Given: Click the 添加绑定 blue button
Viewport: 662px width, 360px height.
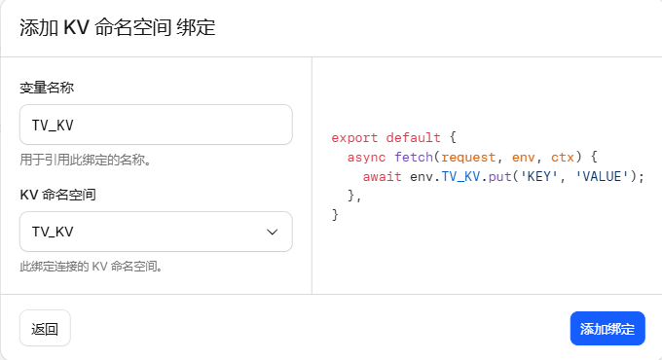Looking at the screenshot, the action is coord(607,328).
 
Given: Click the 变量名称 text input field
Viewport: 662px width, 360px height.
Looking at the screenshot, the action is coord(156,125).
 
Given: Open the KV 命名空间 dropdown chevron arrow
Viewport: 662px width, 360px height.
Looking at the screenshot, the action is coord(272,232).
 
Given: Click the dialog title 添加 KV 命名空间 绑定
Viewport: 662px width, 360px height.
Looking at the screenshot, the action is coord(118,28).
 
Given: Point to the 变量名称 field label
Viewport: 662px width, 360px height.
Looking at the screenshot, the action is coord(47,88).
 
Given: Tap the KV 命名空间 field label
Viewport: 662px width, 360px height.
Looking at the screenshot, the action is coord(57,195).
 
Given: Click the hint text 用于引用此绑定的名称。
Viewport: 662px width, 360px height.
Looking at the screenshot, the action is coord(86,160).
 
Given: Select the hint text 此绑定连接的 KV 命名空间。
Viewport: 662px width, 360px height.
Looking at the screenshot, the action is coord(92,267).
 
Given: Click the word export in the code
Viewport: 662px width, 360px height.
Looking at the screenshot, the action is coord(354,138).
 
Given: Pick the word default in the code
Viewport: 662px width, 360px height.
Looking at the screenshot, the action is coord(413,137).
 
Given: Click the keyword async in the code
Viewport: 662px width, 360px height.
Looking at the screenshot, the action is coord(366,157).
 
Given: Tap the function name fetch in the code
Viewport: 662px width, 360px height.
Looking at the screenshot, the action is coord(414,157).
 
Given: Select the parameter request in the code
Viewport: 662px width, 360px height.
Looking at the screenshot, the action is coord(468,158).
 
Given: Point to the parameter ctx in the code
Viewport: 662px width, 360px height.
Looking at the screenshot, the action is coord(563,158).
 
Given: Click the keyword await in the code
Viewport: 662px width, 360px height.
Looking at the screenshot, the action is coord(382,176).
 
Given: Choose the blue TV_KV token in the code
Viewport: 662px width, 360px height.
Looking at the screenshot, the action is coord(460,176).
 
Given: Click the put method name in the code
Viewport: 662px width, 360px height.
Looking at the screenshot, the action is coord(499,177).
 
